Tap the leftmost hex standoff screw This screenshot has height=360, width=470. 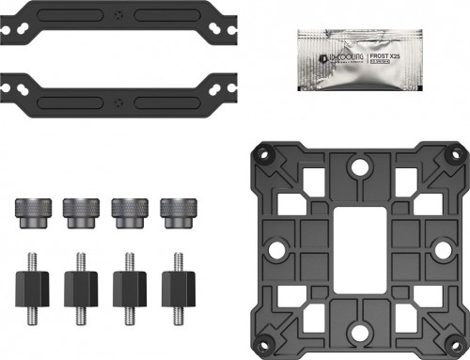pos(31,282)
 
